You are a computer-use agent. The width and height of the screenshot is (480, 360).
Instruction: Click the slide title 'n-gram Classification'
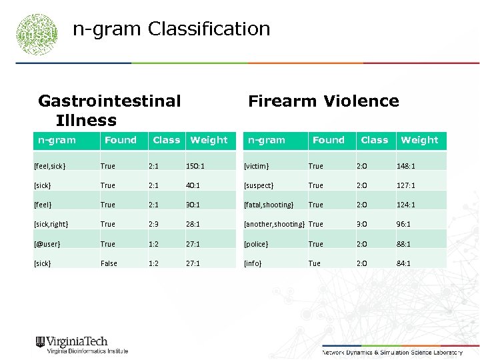click(171, 29)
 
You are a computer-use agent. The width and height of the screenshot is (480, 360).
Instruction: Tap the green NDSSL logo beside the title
click(37, 33)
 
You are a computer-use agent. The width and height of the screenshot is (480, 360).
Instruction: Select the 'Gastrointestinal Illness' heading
click(109, 110)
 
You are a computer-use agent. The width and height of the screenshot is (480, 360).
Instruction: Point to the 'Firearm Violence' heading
click(323, 101)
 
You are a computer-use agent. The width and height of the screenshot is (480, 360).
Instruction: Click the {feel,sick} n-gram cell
click(50, 166)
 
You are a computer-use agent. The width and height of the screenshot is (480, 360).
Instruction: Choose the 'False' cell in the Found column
click(109, 263)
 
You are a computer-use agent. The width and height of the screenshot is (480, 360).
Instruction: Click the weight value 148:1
click(406, 166)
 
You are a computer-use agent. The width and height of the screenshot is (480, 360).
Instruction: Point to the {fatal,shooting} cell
click(269, 205)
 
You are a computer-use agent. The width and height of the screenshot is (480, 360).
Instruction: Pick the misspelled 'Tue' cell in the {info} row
click(314, 263)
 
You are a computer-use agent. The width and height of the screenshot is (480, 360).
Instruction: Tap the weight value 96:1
click(404, 225)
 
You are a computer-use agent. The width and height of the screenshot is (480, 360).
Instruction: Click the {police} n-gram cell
click(257, 244)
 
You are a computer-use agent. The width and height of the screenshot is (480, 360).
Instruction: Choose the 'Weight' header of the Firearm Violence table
click(419, 140)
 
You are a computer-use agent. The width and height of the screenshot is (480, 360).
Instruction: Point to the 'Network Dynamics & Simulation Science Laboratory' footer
click(392, 352)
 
